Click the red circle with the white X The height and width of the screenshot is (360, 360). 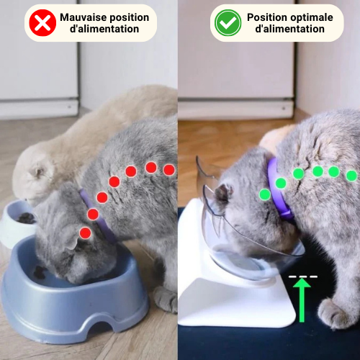[42, 23]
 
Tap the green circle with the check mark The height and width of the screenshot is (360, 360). [228, 23]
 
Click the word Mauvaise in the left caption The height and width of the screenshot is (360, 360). [83, 17]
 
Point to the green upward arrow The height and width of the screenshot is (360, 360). [302, 300]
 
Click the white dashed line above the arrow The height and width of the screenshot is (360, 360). [303, 276]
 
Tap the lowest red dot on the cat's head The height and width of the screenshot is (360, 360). [85, 233]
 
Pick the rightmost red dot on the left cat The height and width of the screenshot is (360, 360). [169, 170]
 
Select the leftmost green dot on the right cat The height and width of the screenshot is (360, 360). [265, 194]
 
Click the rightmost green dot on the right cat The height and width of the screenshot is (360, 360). [352, 176]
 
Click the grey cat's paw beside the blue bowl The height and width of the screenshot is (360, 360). [166, 299]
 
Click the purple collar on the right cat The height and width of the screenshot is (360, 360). [279, 189]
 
